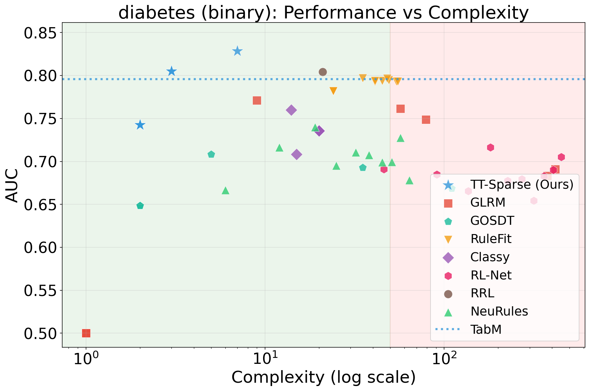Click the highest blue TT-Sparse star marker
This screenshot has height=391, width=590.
237,51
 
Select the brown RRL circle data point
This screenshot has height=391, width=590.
323,72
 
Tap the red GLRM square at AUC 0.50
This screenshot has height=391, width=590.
86,333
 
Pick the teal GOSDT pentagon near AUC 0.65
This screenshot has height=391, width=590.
140,206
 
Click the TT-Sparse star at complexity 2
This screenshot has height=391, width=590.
140,125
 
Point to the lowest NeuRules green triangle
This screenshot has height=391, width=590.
225,190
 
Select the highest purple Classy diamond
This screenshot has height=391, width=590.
291,110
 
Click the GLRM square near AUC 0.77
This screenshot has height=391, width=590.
257,100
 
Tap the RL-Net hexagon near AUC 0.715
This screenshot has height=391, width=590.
490,147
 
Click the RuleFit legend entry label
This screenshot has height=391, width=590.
491,239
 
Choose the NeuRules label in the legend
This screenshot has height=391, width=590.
499,312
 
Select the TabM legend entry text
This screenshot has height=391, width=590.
486,329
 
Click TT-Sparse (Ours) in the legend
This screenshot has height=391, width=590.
522,185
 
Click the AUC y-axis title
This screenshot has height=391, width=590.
13,185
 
